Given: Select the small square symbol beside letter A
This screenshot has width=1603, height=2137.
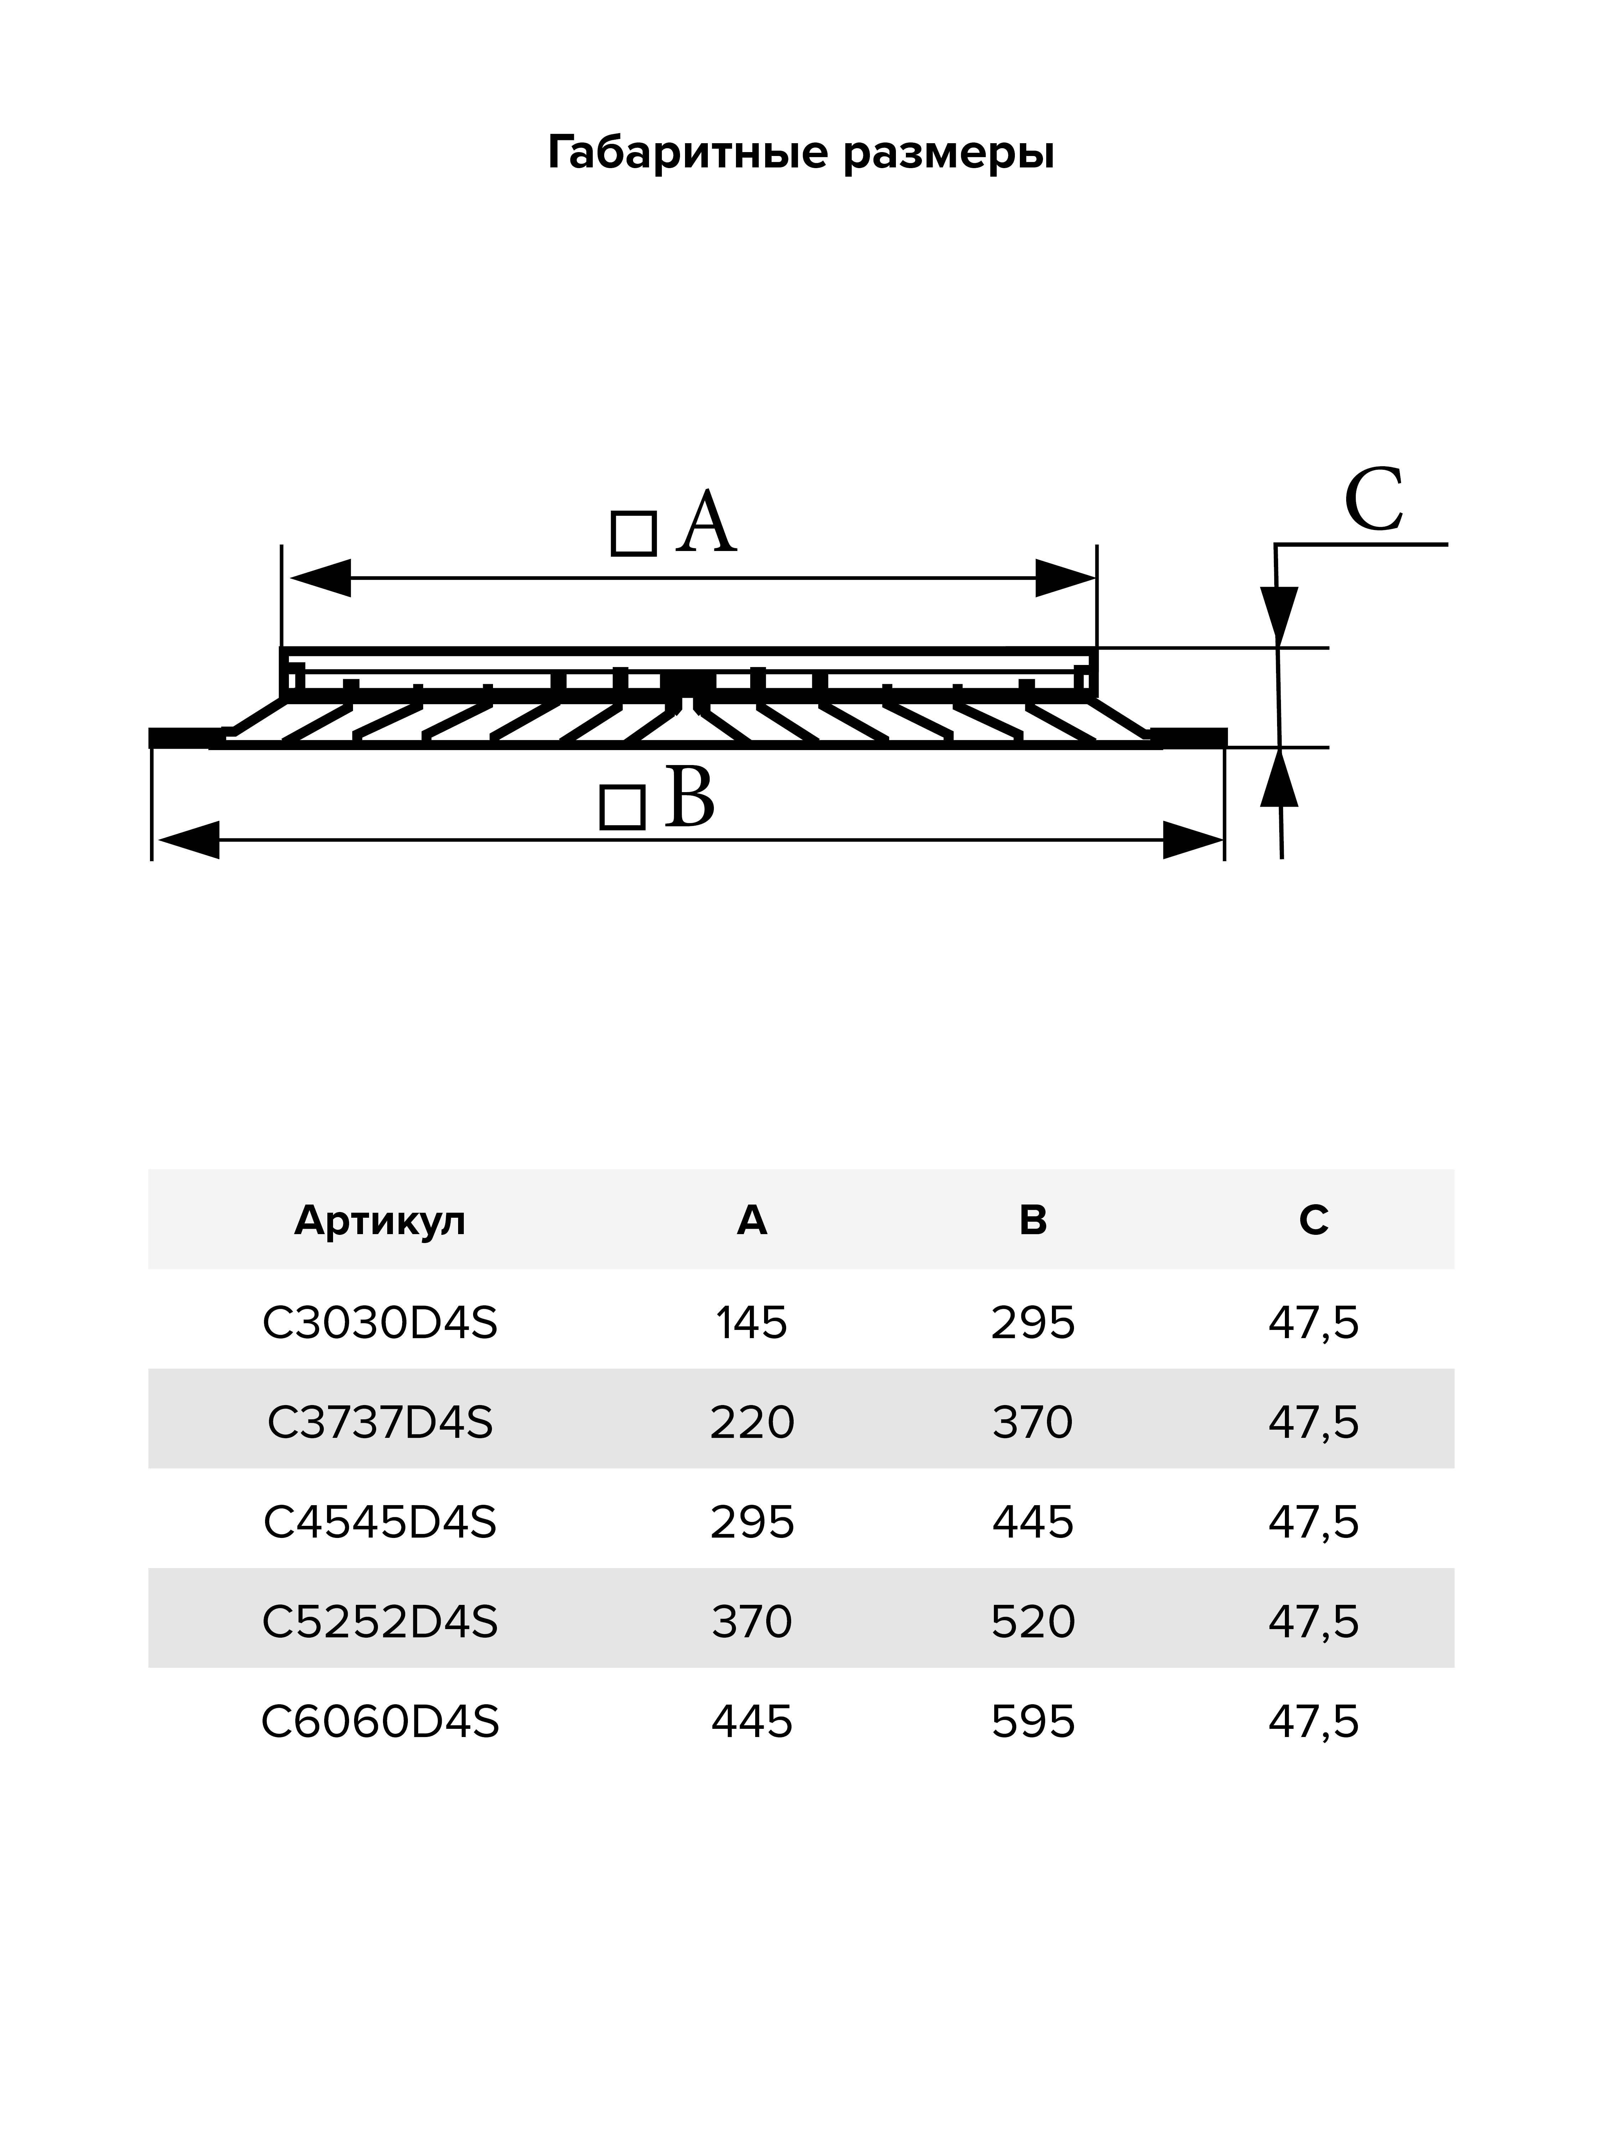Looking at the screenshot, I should tap(634, 533).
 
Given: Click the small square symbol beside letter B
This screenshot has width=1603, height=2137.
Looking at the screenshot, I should tap(622, 808).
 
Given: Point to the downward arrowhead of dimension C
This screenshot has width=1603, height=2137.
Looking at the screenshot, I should tap(1278, 615).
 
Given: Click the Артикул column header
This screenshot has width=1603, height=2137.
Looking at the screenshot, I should tap(380, 1220).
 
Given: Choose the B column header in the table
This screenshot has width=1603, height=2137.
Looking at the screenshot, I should tap(1033, 1220).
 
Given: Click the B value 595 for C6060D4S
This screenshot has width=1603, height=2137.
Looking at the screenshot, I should tap(1033, 1722).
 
